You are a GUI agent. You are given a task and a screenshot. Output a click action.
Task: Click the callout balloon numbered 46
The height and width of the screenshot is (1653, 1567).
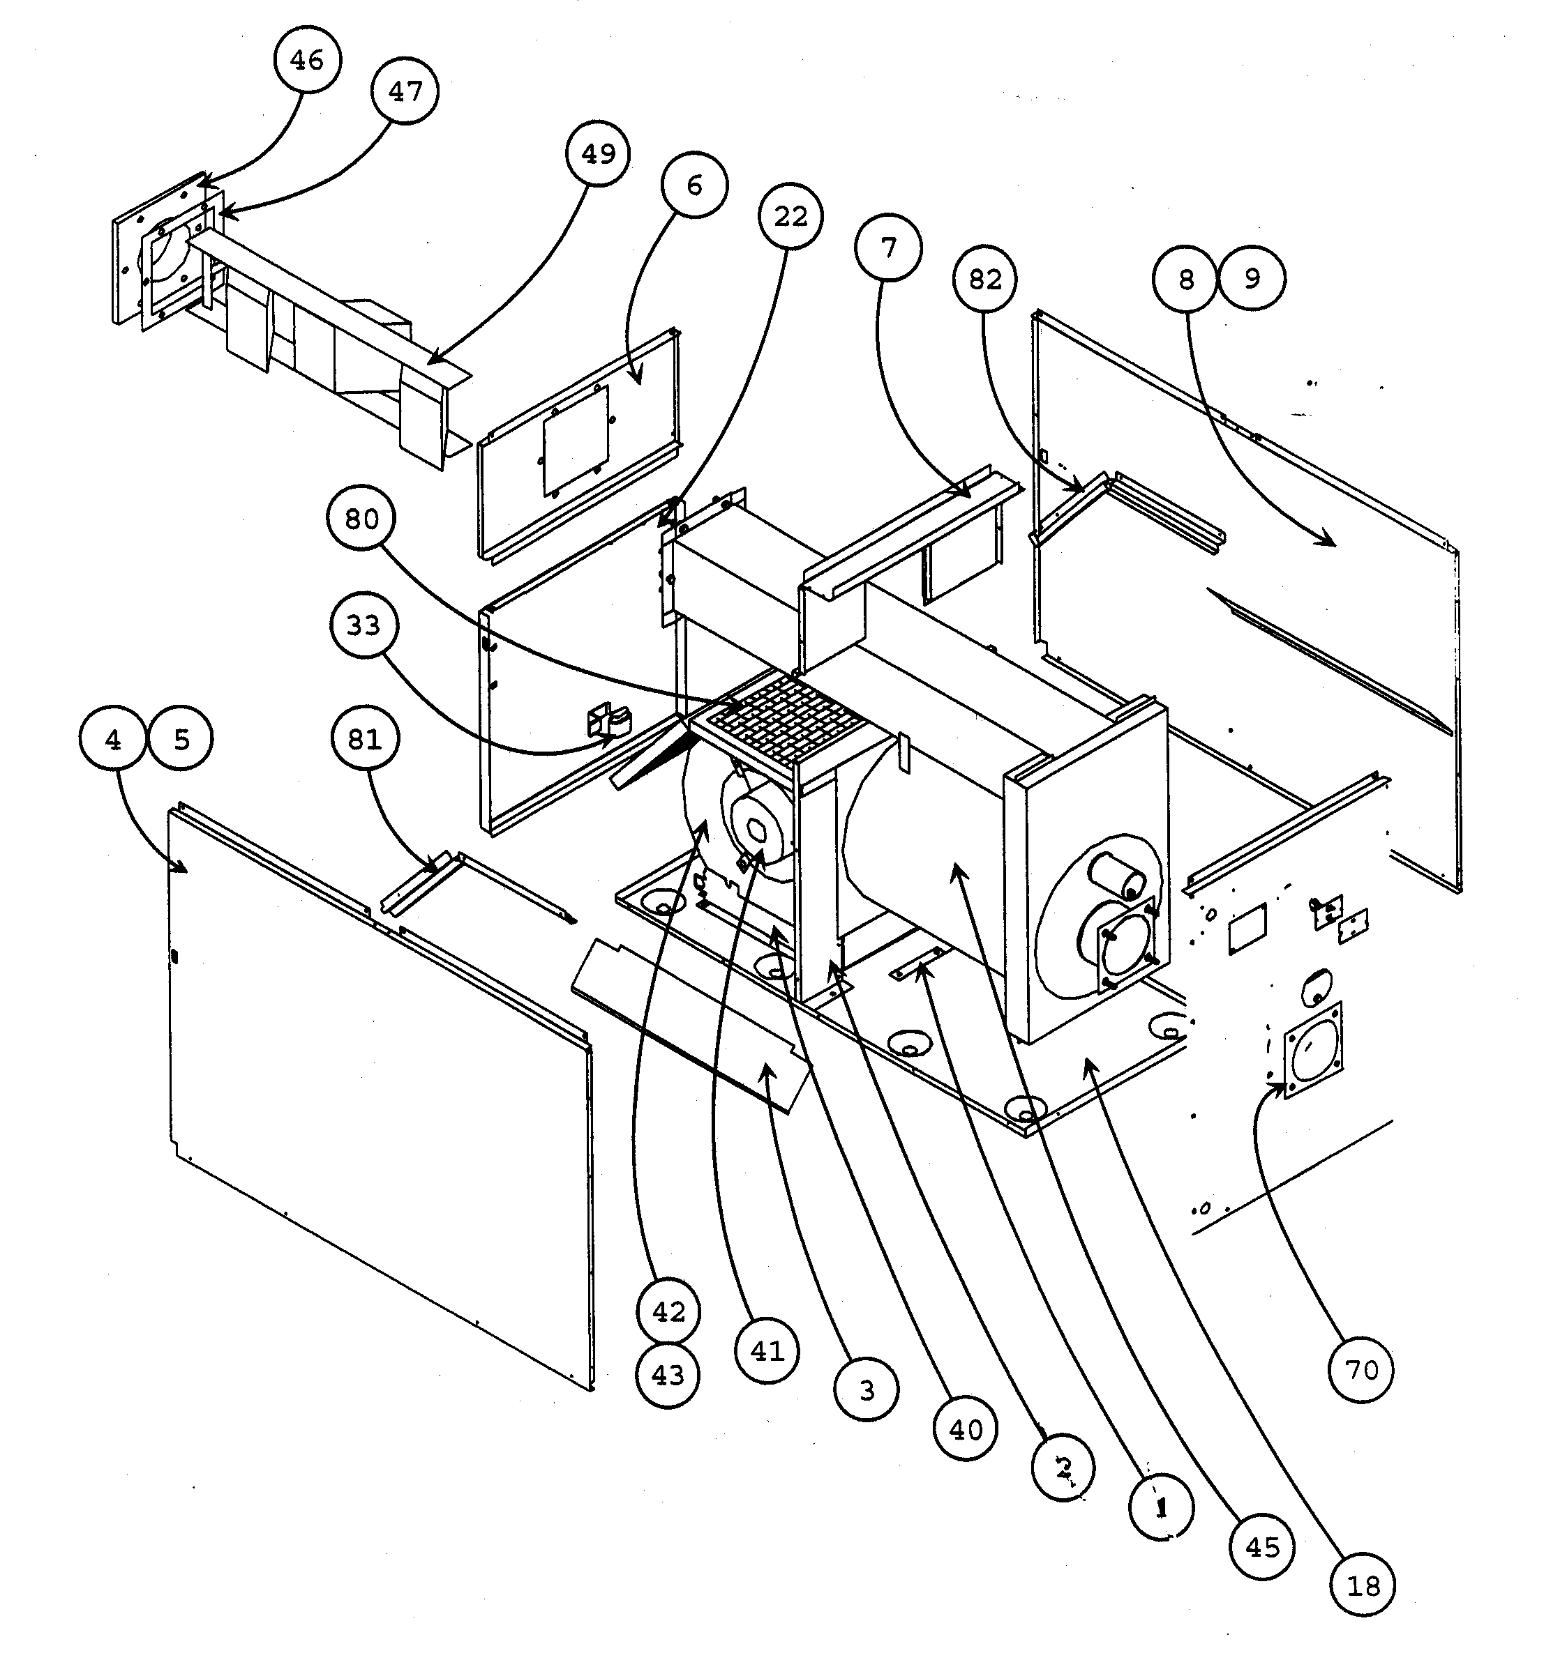[x=306, y=59]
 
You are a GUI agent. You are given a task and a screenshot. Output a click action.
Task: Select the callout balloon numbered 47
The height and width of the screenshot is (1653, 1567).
[x=405, y=91]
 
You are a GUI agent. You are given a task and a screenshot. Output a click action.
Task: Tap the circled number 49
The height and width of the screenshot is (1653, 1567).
[x=597, y=153]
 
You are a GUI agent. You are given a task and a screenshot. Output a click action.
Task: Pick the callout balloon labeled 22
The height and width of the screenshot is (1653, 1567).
[x=790, y=216]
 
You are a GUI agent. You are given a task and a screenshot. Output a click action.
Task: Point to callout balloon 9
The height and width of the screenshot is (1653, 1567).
[x=1251, y=278]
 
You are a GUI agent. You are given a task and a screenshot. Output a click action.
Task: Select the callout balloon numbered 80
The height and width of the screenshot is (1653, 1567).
[x=361, y=519]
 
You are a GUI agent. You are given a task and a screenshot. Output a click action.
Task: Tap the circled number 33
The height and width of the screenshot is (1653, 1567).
[x=363, y=625]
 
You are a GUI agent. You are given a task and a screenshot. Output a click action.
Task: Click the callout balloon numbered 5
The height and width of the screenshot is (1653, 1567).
[x=181, y=740]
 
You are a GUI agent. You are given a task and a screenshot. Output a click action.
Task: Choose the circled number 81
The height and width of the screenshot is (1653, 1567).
[x=363, y=739]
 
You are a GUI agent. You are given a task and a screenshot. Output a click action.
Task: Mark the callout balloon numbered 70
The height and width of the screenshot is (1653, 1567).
[x=1360, y=1370]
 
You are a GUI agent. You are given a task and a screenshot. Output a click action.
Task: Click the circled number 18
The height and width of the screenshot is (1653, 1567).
[x=1363, y=1585]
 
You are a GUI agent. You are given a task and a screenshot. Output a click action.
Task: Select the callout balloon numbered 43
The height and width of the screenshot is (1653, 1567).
[x=668, y=1375]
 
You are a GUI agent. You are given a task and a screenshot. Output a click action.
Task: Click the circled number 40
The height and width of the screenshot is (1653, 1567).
[x=966, y=1430]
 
